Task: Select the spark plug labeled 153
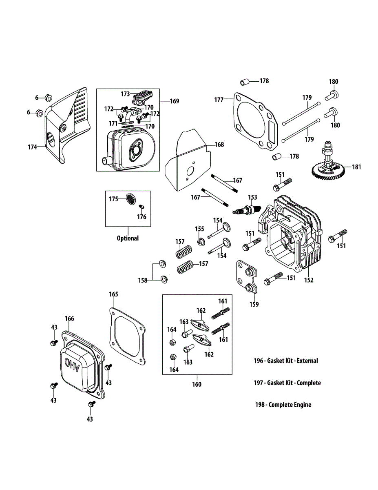point(247,211)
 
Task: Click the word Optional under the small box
point(128,238)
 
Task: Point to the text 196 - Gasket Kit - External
point(285,361)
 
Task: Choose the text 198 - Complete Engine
point(283,405)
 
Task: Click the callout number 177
point(219,99)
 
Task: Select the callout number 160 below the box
point(197,384)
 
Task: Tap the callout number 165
point(113,294)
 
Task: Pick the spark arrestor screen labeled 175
point(130,199)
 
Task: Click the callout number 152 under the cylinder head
point(309,280)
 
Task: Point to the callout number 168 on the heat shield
point(219,145)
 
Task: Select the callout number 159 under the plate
point(254,304)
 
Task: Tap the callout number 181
point(356,167)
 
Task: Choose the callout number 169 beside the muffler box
point(174,101)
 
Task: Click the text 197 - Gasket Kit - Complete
point(287,383)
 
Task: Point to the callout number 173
point(125,94)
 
